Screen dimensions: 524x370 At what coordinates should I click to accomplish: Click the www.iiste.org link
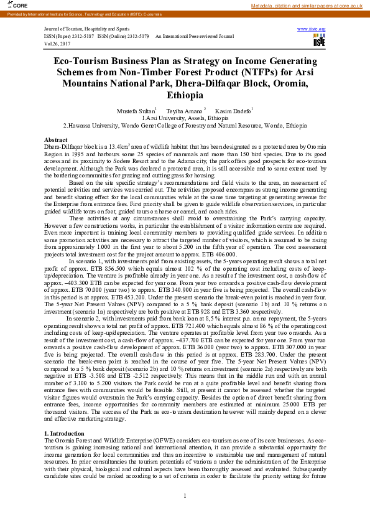point(312,29)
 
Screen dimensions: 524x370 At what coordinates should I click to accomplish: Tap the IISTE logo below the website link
point(319,41)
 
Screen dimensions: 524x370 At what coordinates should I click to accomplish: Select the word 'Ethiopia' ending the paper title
point(185,96)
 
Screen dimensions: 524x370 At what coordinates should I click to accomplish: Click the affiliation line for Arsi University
point(185,118)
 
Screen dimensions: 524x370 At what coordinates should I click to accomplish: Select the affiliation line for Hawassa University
point(185,124)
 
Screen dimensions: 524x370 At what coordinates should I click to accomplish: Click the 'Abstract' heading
point(56,139)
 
